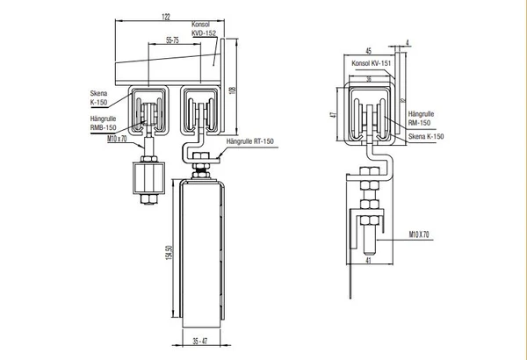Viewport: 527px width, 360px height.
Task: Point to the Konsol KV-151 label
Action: [x=370, y=65]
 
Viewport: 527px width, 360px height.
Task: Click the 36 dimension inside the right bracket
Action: [x=369, y=79]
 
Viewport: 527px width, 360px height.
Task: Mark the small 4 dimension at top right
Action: [x=409, y=42]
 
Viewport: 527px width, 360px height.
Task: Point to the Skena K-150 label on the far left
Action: [x=98, y=96]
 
